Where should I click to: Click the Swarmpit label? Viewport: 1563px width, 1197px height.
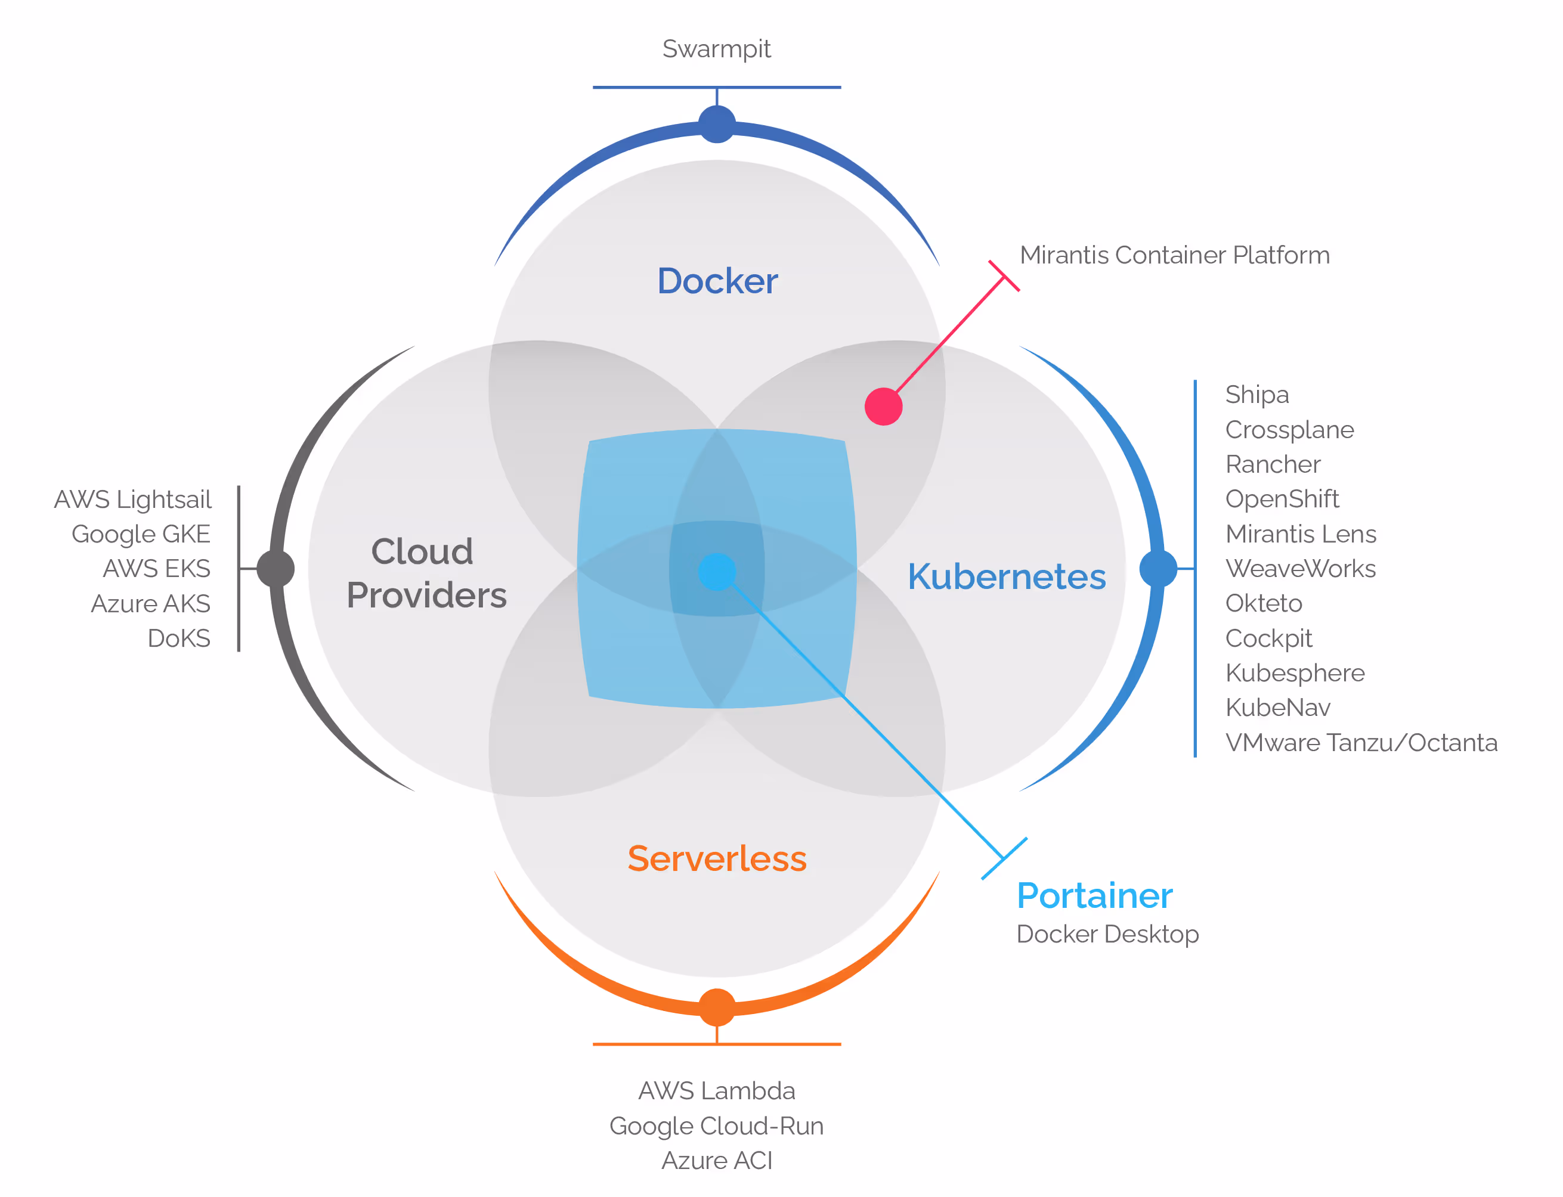click(716, 49)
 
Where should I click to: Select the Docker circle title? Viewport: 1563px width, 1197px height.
click(717, 281)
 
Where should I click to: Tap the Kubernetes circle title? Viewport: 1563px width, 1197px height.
click(1007, 576)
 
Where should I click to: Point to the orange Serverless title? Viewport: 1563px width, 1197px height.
click(717, 858)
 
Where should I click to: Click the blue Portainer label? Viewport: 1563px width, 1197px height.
click(1094, 895)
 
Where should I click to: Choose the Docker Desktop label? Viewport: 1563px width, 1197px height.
click(1107, 934)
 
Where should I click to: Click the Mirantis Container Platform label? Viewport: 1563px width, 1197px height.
click(1175, 255)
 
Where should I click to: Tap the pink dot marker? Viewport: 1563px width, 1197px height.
click(884, 406)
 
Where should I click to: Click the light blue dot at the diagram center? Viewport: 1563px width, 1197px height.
click(717, 572)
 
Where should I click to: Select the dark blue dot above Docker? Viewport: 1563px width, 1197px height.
click(717, 124)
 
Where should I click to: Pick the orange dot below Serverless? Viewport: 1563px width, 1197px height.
click(717, 1007)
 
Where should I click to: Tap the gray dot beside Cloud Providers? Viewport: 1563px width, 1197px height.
click(276, 569)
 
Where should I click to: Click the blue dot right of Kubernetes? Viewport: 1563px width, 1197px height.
click(1158, 569)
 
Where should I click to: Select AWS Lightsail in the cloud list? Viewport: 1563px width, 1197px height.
click(132, 500)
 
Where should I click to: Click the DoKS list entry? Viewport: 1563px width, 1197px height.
click(179, 638)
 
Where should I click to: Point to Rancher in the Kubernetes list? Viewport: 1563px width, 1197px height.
click(1273, 464)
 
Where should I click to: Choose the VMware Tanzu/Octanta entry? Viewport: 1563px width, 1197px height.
click(1361, 742)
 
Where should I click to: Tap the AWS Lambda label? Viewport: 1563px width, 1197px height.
click(716, 1091)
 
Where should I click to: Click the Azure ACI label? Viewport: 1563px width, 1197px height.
click(716, 1161)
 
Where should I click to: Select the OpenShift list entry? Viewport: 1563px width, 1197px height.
click(1282, 499)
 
